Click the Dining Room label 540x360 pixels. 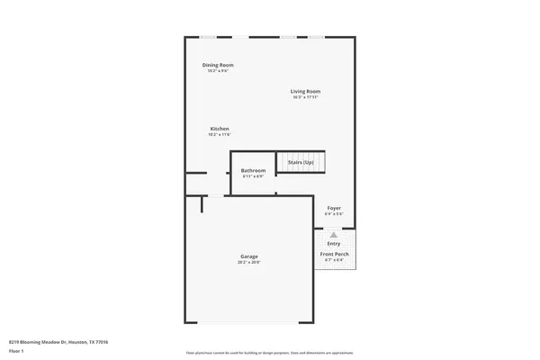click(218, 66)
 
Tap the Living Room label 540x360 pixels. click(305, 91)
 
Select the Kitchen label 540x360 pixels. click(220, 129)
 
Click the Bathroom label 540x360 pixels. click(253, 170)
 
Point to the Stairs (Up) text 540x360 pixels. click(301, 162)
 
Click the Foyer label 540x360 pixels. click(334, 208)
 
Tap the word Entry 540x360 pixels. click(334, 243)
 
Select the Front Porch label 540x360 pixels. click(335, 255)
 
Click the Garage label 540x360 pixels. click(249, 256)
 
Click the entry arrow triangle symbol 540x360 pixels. click(334, 234)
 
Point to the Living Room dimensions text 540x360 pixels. click(305, 97)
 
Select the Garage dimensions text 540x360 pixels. click(249, 263)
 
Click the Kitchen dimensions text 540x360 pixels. click(220, 135)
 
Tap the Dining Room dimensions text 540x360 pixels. click(218, 71)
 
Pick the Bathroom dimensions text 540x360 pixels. click(253, 176)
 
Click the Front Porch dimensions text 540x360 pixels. click(335, 261)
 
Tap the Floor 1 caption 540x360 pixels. click(16, 351)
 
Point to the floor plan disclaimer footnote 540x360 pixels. click(270, 352)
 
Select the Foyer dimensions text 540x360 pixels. click(334, 214)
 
